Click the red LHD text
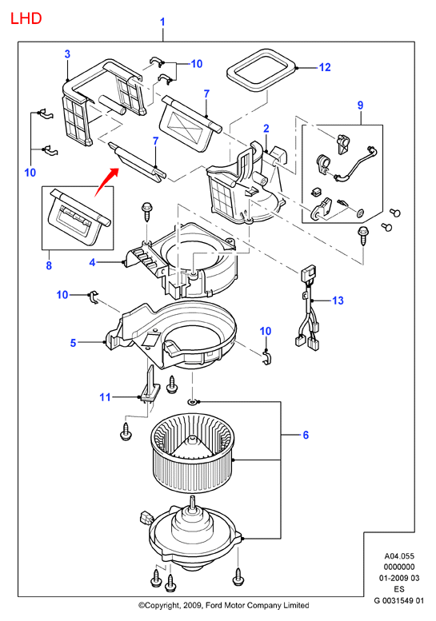[x=26, y=18]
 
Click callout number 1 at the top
[x=162, y=22]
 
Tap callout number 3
[x=67, y=54]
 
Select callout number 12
[x=325, y=67]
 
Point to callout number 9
[x=360, y=105]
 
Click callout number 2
[x=266, y=129]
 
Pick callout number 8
[x=49, y=265]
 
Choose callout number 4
[x=92, y=262]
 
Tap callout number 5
[x=73, y=343]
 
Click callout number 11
[x=105, y=397]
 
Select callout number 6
[x=306, y=435]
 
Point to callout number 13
[x=338, y=301]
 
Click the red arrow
[x=106, y=182]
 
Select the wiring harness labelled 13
[x=309, y=307]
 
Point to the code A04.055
[x=398, y=556]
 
